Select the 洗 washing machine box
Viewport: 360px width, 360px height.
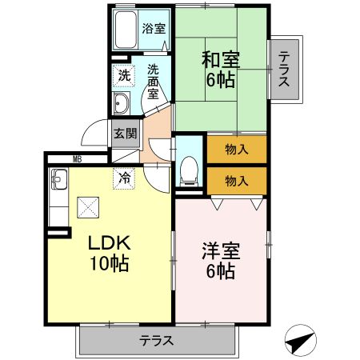tap(123, 76)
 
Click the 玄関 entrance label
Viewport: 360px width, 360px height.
tap(124, 134)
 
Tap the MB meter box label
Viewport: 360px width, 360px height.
tap(77, 158)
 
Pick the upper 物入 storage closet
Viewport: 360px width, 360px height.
tap(235, 149)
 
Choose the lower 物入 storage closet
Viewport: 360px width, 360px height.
tap(235, 181)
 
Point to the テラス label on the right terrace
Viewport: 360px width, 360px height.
tap(283, 67)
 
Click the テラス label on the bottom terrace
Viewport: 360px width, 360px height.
tap(157, 340)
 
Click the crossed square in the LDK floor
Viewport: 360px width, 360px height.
tap(86, 207)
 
